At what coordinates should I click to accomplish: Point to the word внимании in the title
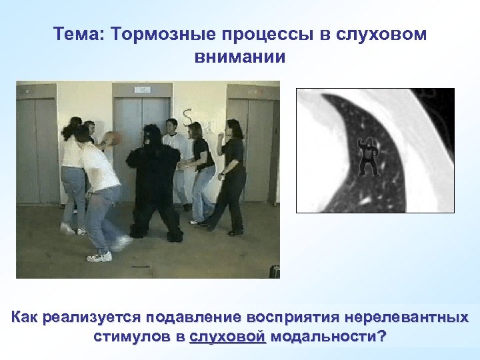pos(240,57)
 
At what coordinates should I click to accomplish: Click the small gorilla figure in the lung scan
pos(367,156)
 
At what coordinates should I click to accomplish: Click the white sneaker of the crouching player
pos(100,257)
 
